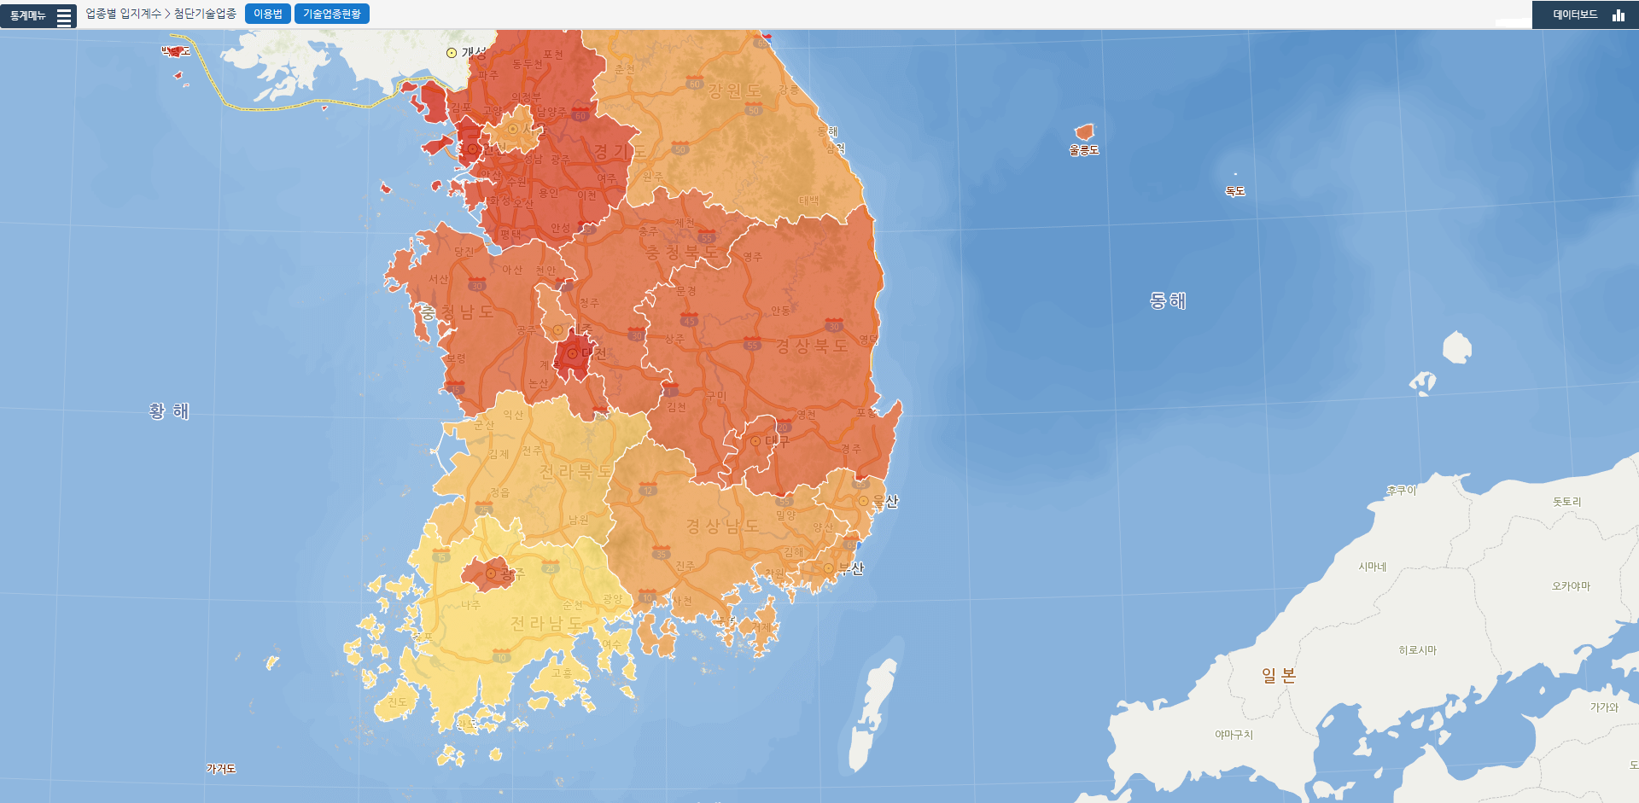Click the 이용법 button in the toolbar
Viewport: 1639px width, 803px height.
pyautogui.click(x=268, y=14)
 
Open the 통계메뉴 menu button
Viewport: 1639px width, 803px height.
pyautogui.click(x=38, y=15)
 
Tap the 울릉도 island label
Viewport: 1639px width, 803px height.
pyautogui.click(x=1083, y=150)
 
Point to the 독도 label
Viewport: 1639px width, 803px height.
pyautogui.click(x=1235, y=191)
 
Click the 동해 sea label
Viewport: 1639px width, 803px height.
pyautogui.click(x=1167, y=300)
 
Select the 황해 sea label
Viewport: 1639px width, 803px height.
pyautogui.click(x=169, y=411)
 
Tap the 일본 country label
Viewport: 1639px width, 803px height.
pyautogui.click(x=1279, y=676)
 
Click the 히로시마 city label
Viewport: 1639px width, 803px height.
pyautogui.click(x=1417, y=650)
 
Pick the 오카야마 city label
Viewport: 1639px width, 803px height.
pyautogui.click(x=1571, y=586)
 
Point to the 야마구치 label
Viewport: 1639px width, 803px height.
pyautogui.click(x=1234, y=735)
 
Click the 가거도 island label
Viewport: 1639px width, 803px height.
pyautogui.click(x=221, y=769)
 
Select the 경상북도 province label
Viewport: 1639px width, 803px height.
pyautogui.click(x=811, y=346)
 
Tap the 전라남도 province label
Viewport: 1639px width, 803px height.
pyautogui.click(x=546, y=624)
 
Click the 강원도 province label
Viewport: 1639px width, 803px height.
pyautogui.click(x=734, y=90)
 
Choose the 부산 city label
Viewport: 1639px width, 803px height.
pyautogui.click(x=851, y=569)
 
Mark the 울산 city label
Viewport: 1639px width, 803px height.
pyautogui.click(x=885, y=502)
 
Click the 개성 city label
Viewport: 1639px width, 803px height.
pyautogui.click(x=473, y=53)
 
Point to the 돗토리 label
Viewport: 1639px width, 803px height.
pyautogui.click(x=1566, y=502)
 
